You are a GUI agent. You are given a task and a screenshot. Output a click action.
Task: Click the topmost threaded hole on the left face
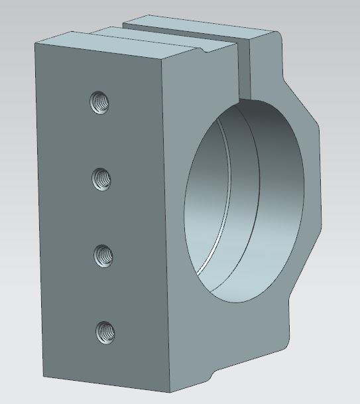[x=99, y=102]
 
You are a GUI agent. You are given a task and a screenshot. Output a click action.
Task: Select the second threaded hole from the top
[x=101, y=178]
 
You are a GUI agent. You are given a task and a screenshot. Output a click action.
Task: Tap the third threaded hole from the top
[x=103, y=254]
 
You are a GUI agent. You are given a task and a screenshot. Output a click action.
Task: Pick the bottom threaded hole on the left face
[x=105, y=330]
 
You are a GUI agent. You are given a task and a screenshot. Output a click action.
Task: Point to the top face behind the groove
[x=199, y=27]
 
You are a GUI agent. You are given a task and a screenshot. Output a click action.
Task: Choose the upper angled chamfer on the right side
[x=300, y=100]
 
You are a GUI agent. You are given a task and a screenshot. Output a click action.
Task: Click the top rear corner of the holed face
[x=35, y=42]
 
